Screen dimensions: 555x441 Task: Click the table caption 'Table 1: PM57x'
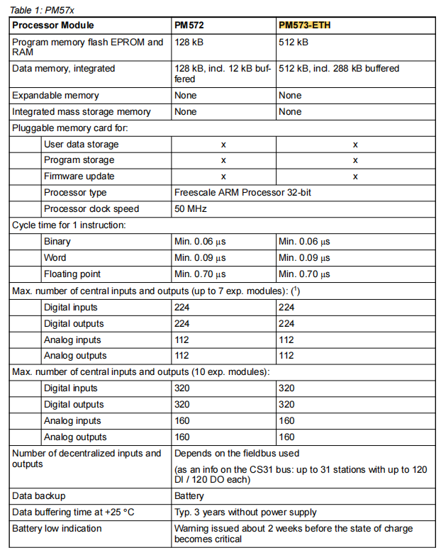[x=42, y=10]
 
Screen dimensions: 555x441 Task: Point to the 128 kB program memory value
[x=189, y=42]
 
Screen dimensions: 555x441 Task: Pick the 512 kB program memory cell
[x=293, y=42]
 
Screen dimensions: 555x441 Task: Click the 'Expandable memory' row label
[x=55, y=95]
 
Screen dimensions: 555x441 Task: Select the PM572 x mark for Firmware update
[x=223, y=176]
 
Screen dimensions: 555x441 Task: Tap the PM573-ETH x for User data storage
[x=355, y=144]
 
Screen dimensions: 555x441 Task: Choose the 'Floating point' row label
[x=72, y=274]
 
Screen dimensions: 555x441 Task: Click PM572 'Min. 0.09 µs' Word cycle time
[x=200, y=257]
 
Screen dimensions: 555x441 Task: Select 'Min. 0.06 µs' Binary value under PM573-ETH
[x=304, y=241]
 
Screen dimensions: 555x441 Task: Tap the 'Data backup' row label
[x=39, y=495]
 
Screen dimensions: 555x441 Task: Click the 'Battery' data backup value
[x=190, y=495]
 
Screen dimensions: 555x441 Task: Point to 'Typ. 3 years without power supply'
[x=245, y=512]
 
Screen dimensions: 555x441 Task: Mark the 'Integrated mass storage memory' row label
[x=82, y=111]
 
